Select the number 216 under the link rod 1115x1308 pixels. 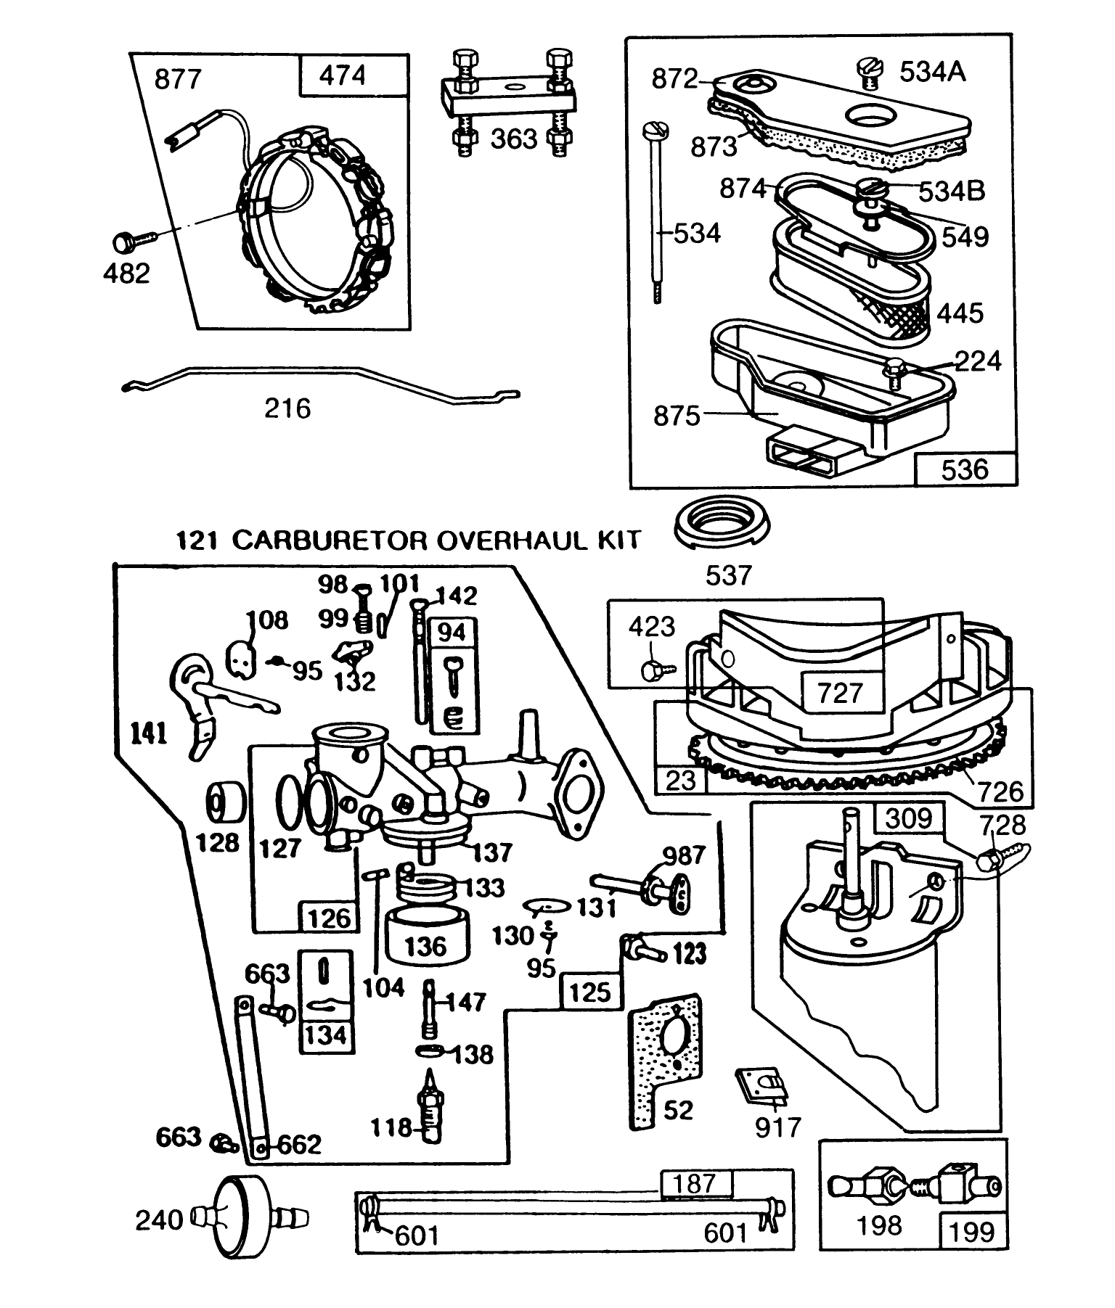point(287,408)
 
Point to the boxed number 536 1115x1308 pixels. point(965,469)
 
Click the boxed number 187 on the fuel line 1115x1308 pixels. point(695,1184)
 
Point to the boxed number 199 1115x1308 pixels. point(971,1231)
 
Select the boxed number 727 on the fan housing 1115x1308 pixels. point(840,693)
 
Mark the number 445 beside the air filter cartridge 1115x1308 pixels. point(960,313)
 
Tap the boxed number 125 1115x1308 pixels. point(590,992)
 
